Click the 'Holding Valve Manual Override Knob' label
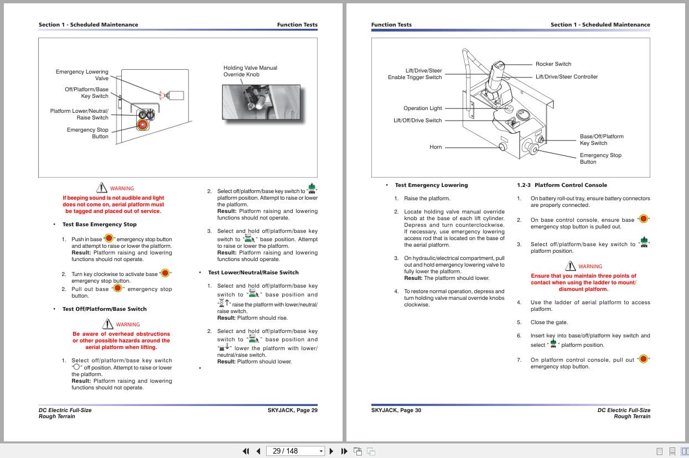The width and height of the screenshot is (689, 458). (x=250, y=71)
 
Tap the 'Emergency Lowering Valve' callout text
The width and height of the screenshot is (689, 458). (x=82, y=75)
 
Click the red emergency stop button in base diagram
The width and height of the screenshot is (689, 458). (x=143, y=125)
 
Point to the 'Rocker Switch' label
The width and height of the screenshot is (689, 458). (x=553, y=64)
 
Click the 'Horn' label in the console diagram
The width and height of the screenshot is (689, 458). (x=436, y=147)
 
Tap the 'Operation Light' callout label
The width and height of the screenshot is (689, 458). (x=422, y=108)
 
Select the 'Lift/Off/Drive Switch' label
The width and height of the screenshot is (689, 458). (x=417, y=121)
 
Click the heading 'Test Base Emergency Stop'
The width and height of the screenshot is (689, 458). (x=99, y=225)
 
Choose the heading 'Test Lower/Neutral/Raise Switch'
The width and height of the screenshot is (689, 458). (x=253, y=273)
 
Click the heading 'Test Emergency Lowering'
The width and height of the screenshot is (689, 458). (x=431, y=185)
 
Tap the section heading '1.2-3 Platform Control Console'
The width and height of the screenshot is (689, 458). (x=562, y=185)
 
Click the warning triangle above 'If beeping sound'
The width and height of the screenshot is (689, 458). (x=101, y=188)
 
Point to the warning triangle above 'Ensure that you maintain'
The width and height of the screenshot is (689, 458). (x=570, y=266)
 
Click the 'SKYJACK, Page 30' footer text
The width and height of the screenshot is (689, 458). (x=396, y=410)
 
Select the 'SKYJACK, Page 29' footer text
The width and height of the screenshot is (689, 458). (x=292, y=410)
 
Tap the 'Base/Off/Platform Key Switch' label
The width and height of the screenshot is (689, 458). (x=601, y=140)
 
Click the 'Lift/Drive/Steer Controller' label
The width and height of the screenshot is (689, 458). (x=566, y=77)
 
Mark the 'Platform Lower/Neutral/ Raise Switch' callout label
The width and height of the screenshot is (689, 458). (x=79, y=114)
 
